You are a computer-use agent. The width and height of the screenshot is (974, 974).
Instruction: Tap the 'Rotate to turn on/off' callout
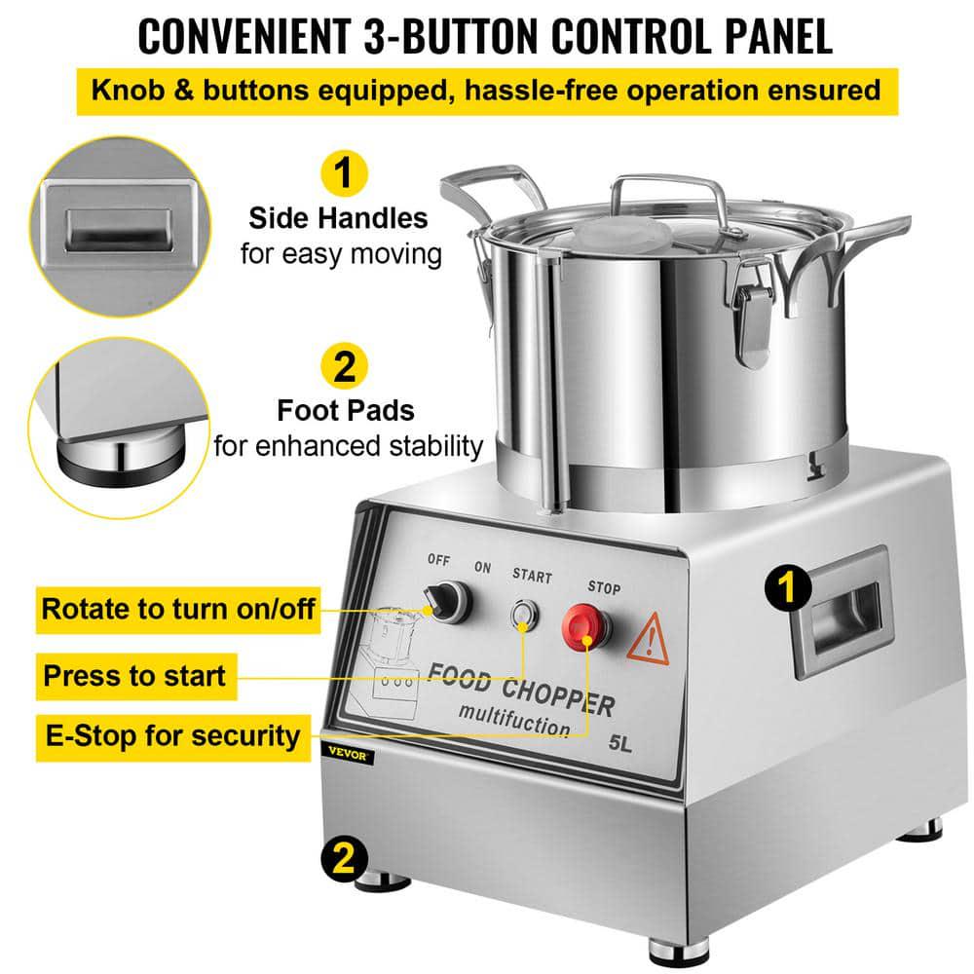point(177,610)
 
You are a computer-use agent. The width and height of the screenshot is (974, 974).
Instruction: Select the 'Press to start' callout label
point(133,675)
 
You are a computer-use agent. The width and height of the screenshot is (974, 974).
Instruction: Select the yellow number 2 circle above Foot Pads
point(343,368)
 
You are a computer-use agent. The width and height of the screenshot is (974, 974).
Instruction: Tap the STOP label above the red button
point(604,588)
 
